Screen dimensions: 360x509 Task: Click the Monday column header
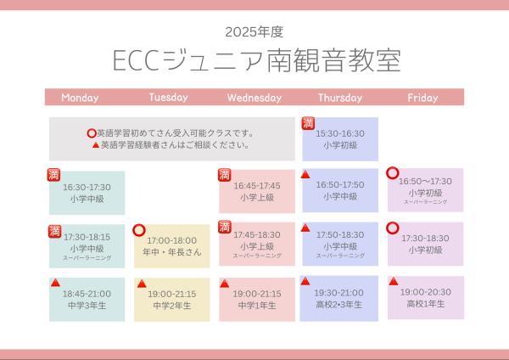[80, 98]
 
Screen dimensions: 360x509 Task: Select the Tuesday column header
[168, 98]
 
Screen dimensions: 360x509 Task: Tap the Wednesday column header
[255, 98]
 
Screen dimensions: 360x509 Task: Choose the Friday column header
[422, 98]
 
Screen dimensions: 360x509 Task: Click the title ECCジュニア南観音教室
[256, 61]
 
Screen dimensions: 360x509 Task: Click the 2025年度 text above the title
[254, 32]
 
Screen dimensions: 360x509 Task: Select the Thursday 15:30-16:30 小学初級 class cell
[340, 139]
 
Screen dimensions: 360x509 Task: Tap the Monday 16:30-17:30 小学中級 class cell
[87, 193]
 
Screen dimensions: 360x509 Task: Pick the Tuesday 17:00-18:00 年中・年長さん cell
[171, 246]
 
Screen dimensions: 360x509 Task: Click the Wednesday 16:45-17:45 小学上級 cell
[256, 191]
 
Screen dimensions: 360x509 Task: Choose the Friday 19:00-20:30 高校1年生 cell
[426, 297]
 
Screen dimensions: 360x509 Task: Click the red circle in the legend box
[92, 133]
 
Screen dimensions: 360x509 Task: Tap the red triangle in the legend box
[95, 145]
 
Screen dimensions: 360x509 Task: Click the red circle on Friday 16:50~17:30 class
[393, 173]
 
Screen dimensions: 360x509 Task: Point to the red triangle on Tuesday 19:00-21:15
[142, 284]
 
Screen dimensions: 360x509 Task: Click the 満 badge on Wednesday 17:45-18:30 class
[225, 227]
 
